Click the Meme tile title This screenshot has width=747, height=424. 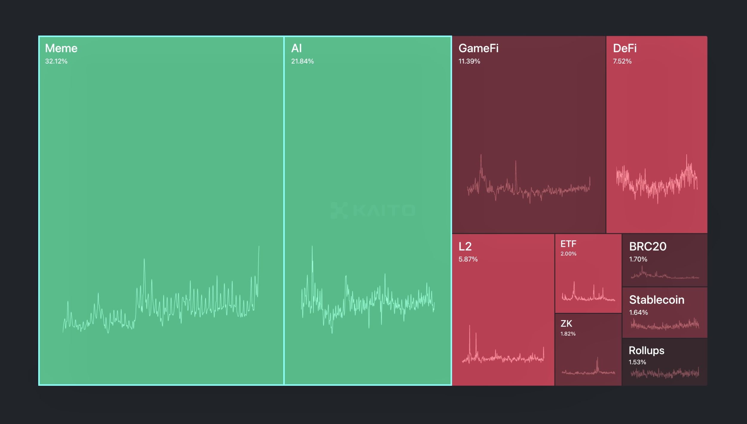(61, 48)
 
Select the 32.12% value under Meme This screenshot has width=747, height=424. (56, 61)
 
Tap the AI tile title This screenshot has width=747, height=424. (296, 48)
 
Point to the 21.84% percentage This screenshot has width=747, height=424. (302, 61)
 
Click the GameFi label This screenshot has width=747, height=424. (478, 48)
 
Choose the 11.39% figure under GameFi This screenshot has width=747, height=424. (469, 61)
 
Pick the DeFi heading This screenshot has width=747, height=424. (625, 48)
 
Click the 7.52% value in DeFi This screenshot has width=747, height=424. (622, 61)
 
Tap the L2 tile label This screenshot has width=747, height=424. (465, 247)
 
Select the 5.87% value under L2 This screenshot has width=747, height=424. (468, 259)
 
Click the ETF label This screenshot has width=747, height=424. (568, 244)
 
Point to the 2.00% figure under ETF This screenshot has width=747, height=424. (568, 254)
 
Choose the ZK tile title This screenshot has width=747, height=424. (566, 324)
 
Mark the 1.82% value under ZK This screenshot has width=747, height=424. (568, 334)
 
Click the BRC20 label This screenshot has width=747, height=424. (647, 247)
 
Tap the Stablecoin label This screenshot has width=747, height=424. (656, 300)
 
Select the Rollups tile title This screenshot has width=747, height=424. (646, 351)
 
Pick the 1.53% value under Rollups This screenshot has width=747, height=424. (637, 362)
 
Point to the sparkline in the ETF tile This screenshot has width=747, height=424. (588, 294)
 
